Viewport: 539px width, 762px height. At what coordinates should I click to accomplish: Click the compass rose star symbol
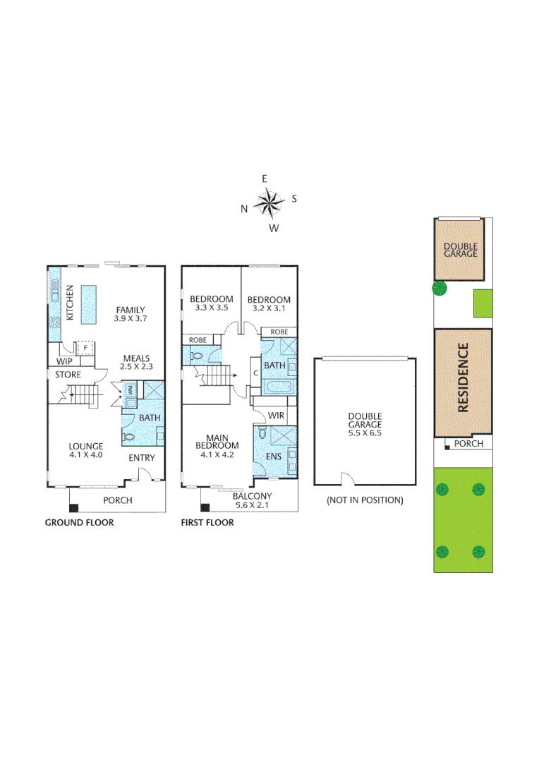coord(268,203)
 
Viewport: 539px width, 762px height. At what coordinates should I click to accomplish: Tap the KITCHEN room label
coord(70,303)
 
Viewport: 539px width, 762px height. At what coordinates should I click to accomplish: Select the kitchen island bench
coord(88,304)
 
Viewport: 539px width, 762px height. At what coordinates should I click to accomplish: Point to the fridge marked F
coord(85,348)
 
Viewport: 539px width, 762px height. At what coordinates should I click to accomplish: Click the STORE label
coord(68,375)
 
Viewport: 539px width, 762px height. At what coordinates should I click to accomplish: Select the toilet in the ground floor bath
coord(129,437)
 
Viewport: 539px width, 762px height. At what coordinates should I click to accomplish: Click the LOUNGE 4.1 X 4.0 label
coord(86,450)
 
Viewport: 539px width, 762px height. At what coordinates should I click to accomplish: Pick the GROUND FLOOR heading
coord(79,523)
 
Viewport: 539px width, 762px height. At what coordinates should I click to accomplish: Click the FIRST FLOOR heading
coord(207,523)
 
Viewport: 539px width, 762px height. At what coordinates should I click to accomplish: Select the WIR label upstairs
coord(277,416)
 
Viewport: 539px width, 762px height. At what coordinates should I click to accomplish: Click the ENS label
coord(274,456)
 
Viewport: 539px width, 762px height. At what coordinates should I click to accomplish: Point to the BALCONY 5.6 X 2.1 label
coord(253,500)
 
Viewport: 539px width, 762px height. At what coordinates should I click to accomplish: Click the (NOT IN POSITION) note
coord(364,500)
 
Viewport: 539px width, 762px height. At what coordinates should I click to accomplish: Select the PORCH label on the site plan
coord(468,444)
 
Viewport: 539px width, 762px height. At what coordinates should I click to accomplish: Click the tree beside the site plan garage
coord(440,288)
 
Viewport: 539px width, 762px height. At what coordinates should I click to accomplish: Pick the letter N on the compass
coord(244,208)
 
